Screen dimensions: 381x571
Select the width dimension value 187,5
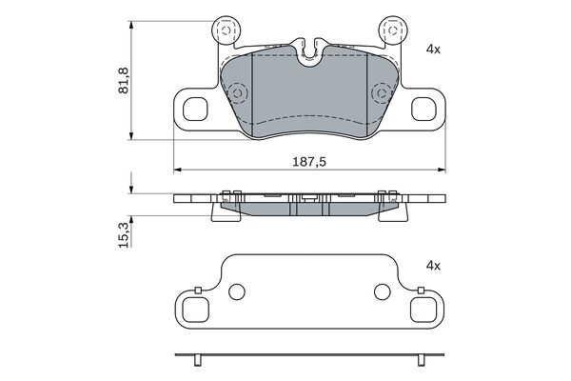pyautogui.click(x=308, y=162)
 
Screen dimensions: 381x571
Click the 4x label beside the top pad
pyautogui.click(x=433, y=48)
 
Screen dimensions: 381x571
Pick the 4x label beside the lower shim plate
pyautogui.click(x=433, y=267)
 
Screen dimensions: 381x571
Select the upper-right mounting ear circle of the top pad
pyautogui.click(x=391, y=31)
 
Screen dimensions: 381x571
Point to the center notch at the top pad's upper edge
pyautogui.click(x=309, y=50)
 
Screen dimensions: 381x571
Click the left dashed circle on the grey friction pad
pyautogui.click(x=238, y=93)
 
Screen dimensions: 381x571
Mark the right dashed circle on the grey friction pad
pyautogui.click(x=381, y=93)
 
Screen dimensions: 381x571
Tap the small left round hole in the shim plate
pyautogui.click(x=238, y=291)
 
